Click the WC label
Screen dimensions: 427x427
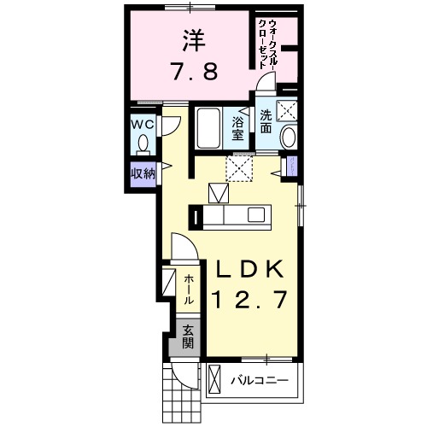tap(143, 123)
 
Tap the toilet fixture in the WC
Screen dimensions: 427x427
tap(143, 143)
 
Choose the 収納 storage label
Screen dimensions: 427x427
tap(142, 173)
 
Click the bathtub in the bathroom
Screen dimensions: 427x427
tap(207, 129)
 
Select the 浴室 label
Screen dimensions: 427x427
tap(238, 128)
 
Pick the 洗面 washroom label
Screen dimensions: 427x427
tap(266, 123)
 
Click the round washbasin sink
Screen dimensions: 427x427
tap(288, 138)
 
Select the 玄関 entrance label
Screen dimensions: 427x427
tap(186, 338)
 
